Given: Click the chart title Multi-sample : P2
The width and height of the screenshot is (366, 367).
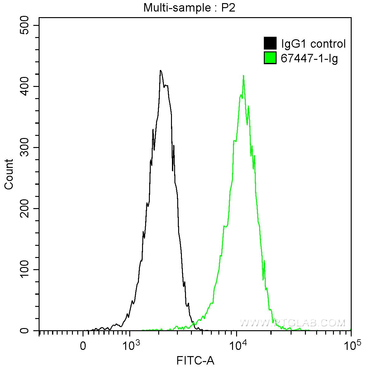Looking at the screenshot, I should [189, 8].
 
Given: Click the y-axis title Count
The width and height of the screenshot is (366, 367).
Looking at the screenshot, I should [9, 174].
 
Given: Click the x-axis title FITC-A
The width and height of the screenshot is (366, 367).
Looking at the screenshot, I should [195, 361].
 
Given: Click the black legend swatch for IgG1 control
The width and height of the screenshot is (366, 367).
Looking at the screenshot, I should [270, 43].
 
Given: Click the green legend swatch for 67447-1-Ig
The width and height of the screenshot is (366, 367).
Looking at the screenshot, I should [270, 58].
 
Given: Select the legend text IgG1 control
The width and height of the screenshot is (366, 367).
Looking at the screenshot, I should [313, 44].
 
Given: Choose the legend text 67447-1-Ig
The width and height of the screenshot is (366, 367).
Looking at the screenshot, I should [309, 59].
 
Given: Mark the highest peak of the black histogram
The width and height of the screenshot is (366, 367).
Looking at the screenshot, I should [160, 70].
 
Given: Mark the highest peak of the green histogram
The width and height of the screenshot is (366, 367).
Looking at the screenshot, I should [243, 75].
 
